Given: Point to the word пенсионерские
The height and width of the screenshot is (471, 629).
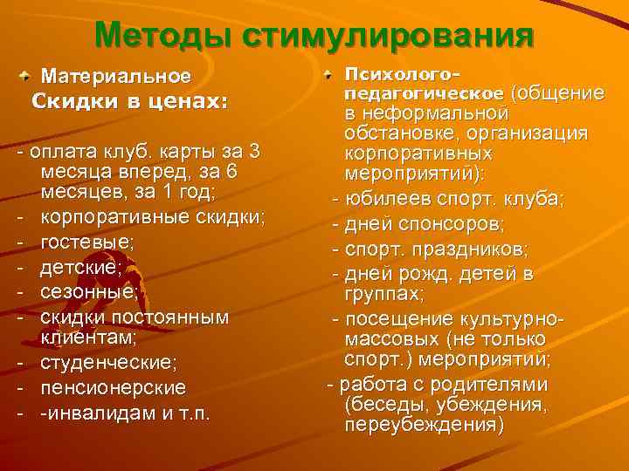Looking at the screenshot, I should (x=113, y=386).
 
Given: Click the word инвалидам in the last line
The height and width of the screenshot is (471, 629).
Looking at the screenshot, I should (x=96, y=411).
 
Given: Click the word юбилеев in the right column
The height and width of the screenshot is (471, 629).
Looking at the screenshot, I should (x=382, y=199).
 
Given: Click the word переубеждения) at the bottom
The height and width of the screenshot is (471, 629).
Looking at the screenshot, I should (x=425, y=426).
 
